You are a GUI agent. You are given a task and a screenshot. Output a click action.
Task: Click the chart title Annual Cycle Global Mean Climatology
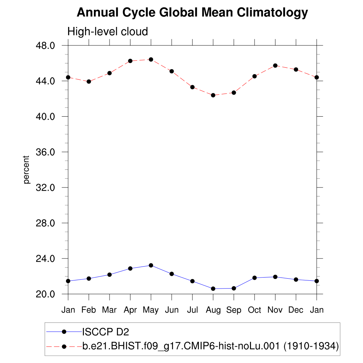click(192, 13)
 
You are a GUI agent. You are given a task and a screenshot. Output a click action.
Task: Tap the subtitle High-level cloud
click(107, 32)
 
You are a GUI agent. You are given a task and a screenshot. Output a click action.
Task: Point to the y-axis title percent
click(26, 169)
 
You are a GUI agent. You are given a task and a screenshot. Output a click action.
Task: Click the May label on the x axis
click(151, 310)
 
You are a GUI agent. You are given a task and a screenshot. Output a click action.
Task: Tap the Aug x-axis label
click(213, 310)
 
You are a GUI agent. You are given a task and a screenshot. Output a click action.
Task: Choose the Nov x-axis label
click(275, 310)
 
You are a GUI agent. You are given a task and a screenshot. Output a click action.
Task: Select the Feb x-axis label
click(89, 310)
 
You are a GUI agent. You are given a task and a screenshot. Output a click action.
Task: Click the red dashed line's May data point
click(151, 60)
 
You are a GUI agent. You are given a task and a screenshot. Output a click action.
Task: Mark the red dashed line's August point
click(213, 95)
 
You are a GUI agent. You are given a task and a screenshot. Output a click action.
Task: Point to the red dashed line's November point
click(275, 66)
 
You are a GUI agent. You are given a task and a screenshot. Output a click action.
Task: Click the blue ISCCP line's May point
click(151, 265)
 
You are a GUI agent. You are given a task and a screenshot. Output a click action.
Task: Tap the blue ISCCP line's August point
click(213, 289)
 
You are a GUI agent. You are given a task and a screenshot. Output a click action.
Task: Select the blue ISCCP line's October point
click(255, 278)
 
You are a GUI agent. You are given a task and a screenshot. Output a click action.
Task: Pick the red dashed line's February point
click(89, 82)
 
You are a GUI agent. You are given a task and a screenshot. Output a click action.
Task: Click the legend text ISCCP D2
click(106, 332)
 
